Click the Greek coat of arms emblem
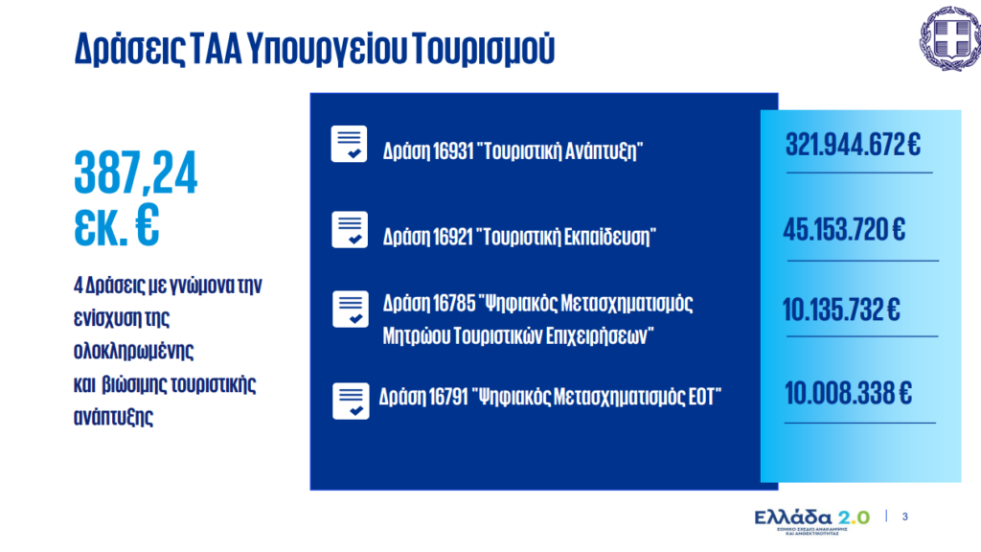(x=950, y=37)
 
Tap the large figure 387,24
(x=136, y=172)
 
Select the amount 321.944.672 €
(x=853, y=145)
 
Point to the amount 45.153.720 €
(x=844, y=230)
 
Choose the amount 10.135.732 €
(x=841, y=310)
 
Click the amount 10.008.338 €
(x=848, y=394)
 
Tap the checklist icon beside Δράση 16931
(x=349, y=144)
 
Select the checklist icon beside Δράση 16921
(x=350, y=230)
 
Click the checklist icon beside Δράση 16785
(x=351, y=310)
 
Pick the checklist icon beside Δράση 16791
(x=351, y=401)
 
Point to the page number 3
(x=904, y=517)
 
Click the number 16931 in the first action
(x=453, y=151)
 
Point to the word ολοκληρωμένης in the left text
(x=133, y=351)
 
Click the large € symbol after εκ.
(x=148, y=224)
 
